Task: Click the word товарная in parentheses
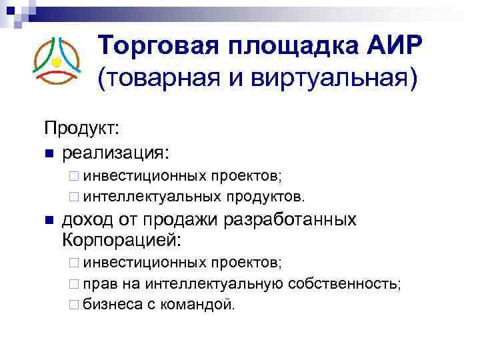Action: coord(156,79)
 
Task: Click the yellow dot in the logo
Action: coord(57,63)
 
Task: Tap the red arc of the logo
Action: coord(57,78)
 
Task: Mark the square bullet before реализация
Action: coord(47,154)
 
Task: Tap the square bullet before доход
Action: coord(47,221)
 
